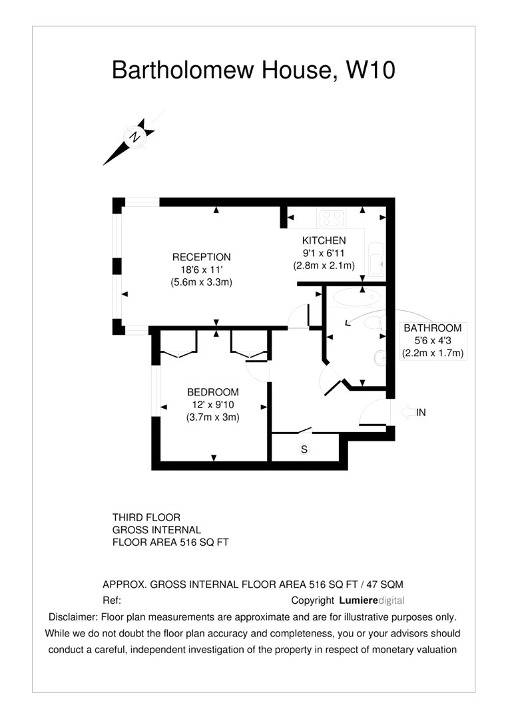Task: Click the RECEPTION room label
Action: [x=201, y=257]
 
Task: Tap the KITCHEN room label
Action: [x=324, y=240]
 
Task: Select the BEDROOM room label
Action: [x=213, y=392]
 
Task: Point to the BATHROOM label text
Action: [x=432, y=328]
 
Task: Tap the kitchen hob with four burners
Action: [x=332, y=218]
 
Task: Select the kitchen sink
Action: [x=376, y=260]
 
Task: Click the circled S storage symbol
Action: [x=304, y=449]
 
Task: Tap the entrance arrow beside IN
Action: [x=407, y=412]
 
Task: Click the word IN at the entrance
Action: [x=421, y=412]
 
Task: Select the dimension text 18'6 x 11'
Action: [x=202, y=270]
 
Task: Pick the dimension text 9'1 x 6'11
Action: [x=324, y=253]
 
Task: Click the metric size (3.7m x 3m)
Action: [x=213, y=417]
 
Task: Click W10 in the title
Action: [x=370, y=70]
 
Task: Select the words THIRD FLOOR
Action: [x=146, y=517]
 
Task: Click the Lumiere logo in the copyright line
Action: [x=359, y=600]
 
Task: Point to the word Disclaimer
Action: [x=73, y=617]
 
